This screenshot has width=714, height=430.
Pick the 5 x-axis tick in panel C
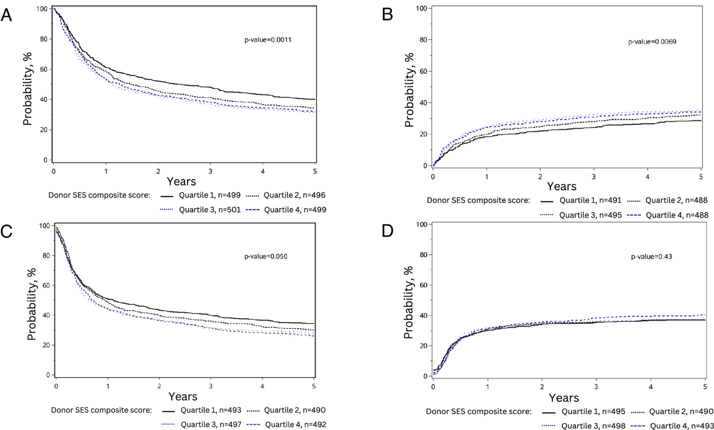point(314,386)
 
